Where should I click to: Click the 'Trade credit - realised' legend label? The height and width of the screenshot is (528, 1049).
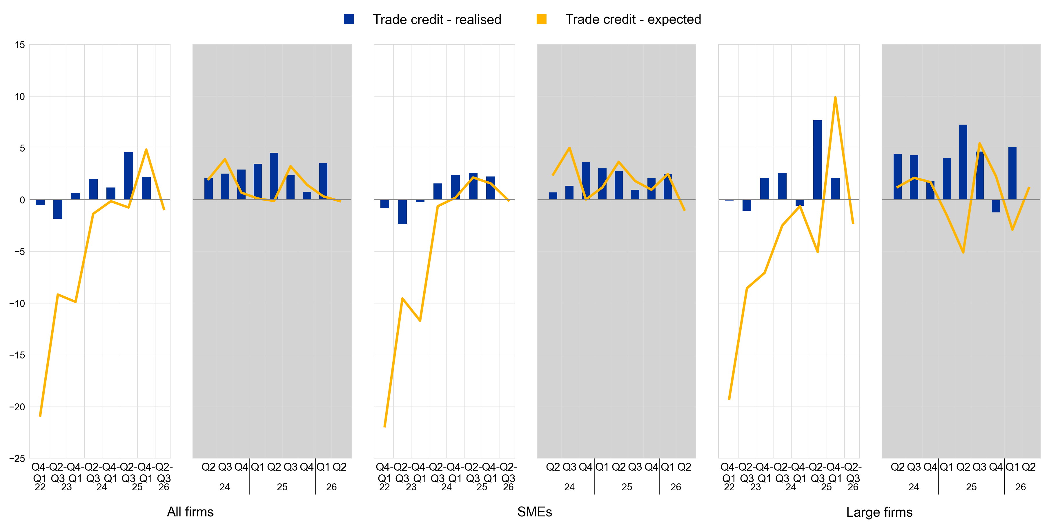(x=437, y=19)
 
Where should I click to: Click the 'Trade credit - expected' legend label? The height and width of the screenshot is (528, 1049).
(x=633, y=19)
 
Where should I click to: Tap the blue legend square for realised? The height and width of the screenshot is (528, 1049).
(x=349, y=19)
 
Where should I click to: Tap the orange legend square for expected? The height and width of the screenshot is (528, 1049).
(x=541, y=19)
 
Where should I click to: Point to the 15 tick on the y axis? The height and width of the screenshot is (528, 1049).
(x=19, y=45)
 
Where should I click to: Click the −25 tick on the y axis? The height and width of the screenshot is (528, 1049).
(x=17, y=458)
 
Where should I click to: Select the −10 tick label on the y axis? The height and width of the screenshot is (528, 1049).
(x=17, y=303)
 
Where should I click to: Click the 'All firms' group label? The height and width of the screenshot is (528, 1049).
(x=190, y=512)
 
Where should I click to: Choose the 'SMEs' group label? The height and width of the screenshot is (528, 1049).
(x=534, y=512)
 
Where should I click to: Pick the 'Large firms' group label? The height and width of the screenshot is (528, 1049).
(x=879, y=512)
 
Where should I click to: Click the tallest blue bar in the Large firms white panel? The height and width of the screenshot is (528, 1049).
(x=817, y=160)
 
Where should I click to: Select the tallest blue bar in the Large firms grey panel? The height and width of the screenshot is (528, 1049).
(x=963, y=162)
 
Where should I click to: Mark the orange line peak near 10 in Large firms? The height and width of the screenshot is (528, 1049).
(x=835, y=98)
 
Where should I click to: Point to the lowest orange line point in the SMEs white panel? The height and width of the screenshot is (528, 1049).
(x=384, y=426)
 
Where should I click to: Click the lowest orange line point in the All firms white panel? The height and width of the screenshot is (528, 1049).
(x=40, y=416)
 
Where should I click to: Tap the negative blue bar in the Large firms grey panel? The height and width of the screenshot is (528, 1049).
(x=996, y=206)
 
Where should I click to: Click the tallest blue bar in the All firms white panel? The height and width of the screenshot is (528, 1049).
(x=128, y=176)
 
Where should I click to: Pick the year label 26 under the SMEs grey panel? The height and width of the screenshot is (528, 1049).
(x=676, y=487)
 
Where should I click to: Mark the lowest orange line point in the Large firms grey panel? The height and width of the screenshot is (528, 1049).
(x=963, y=252)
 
